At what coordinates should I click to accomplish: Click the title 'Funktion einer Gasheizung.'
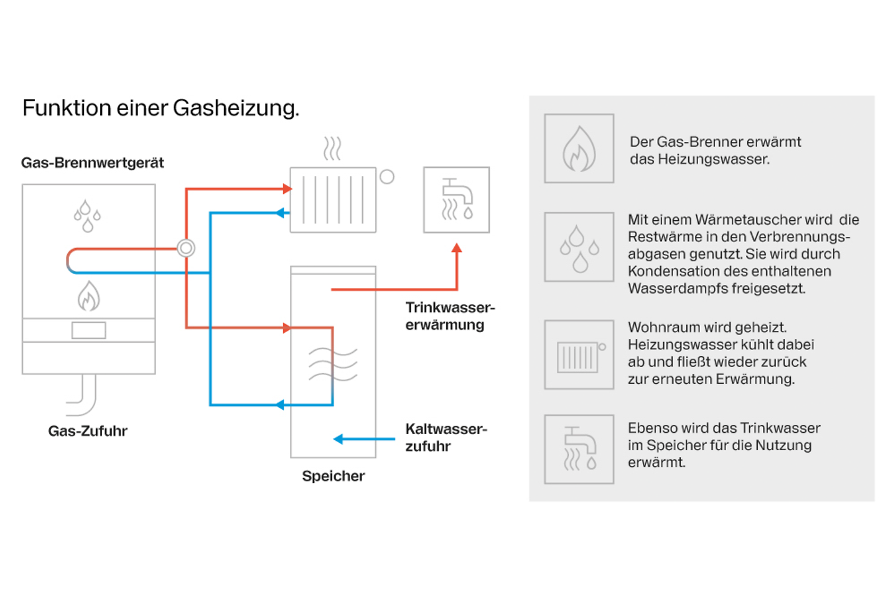click(x=161, y=108)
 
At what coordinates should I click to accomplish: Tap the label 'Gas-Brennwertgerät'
click(x=92, y=163)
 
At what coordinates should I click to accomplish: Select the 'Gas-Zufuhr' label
click(x=88, y=431)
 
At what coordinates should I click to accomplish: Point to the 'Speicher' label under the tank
click(x=333, y=476)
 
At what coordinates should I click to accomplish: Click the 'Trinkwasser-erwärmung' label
click(x=449, y=316)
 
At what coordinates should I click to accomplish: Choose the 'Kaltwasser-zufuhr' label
click(x=446, y=437)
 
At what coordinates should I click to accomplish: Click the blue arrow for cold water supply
click(x=363, y=439)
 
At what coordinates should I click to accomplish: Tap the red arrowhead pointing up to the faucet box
click(x=457, y=249)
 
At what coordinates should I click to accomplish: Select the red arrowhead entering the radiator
click(x=287, y=188)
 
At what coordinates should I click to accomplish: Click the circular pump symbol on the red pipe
click(x=185, y=248)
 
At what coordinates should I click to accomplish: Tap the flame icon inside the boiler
click(x=88, y=296)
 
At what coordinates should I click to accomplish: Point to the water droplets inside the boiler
click(x=87, y=216)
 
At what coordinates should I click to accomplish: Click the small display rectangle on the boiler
click(x=88, y=330)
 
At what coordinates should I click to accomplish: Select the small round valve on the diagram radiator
click(x=387, y=177)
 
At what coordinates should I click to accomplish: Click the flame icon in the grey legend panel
click(x=579, y=149)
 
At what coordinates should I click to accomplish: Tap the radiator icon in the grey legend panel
click(x=579, y=355)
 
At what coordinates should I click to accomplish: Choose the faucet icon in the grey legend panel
click(x=579, y=449)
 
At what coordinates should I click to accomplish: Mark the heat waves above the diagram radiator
click(x=332, y=149)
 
